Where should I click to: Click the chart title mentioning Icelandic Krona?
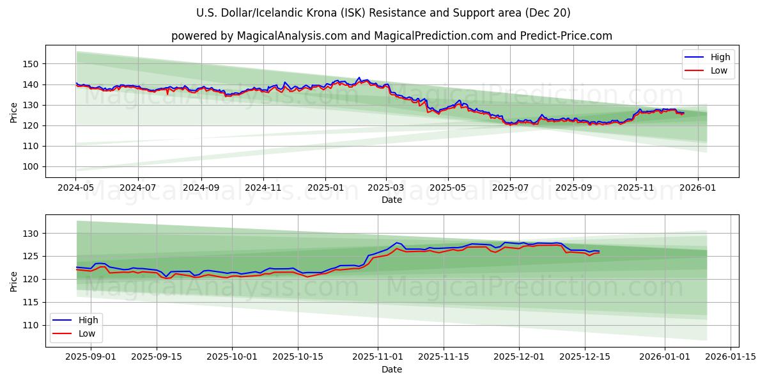tap(383, 13)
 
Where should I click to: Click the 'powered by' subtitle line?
tap(391, 36)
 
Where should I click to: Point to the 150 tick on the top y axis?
tap(31, 64)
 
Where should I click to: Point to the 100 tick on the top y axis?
tap(31, 166)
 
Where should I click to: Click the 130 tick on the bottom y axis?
tap(31, 233)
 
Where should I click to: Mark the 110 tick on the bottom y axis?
tap(31, 325)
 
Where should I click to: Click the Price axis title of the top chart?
tap(14, 113)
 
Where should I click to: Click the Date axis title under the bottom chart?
tap(391, 369)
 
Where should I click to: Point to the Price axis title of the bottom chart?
tap(14, 281)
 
